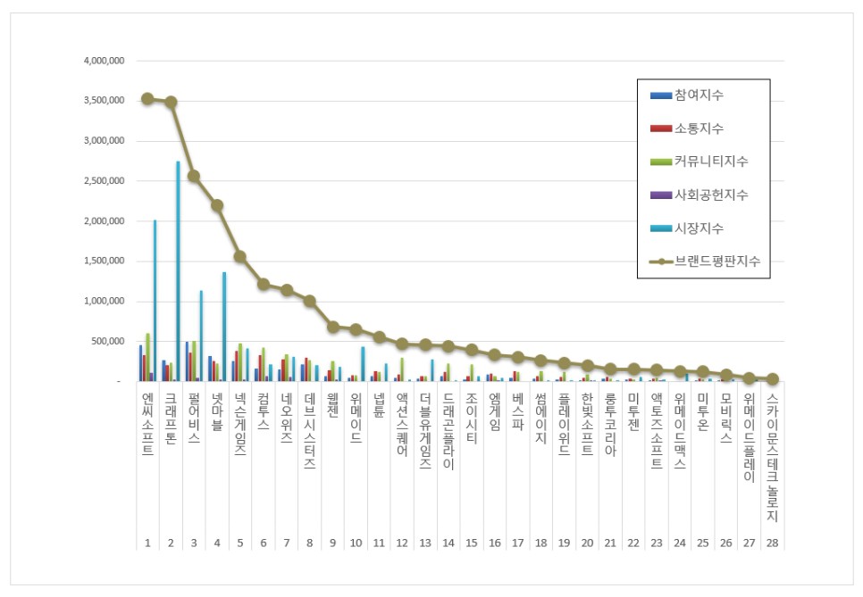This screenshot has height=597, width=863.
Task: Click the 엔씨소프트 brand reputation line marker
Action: pos(147,99)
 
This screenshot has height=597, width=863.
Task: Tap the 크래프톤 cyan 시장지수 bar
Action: pos(178,271)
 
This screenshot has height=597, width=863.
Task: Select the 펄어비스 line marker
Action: pos(194,176)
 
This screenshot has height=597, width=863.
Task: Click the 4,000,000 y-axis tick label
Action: pos(104,61)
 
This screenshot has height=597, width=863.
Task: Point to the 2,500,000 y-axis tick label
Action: pos(104,181)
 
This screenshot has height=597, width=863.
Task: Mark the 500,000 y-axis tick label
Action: pos(108,342)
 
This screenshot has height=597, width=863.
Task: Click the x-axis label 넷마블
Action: pos(217,411)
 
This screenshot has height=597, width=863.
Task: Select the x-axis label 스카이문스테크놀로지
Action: pos(772,457)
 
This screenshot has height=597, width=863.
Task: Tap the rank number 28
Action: pos(772,543)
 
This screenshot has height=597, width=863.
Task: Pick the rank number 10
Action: pos(356,543)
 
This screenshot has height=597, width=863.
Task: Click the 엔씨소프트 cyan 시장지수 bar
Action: pos(155,301)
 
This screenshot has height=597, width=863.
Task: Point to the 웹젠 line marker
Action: pos(332,328)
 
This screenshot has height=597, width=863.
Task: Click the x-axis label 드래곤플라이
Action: pos(448,431)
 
